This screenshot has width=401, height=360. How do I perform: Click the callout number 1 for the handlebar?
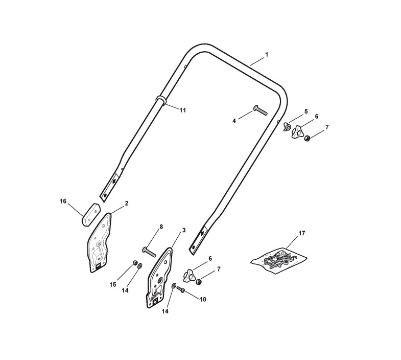pyautogui.click(x=267, y=55)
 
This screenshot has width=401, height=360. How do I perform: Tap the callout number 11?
pyautogui.click(x=182, y=110)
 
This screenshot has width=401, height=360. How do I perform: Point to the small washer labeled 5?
pyautogui.click(x=287, y=127)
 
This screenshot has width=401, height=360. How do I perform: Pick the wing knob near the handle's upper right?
pyautogui.click(x=297, y=131)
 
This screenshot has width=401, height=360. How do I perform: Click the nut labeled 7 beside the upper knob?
pyautogui.click(x=307, y=138)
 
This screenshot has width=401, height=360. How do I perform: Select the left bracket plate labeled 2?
pyautogui.click(x=99, y=242)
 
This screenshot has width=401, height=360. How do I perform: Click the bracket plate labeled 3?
pyautogui.click(x=160, y=278)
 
